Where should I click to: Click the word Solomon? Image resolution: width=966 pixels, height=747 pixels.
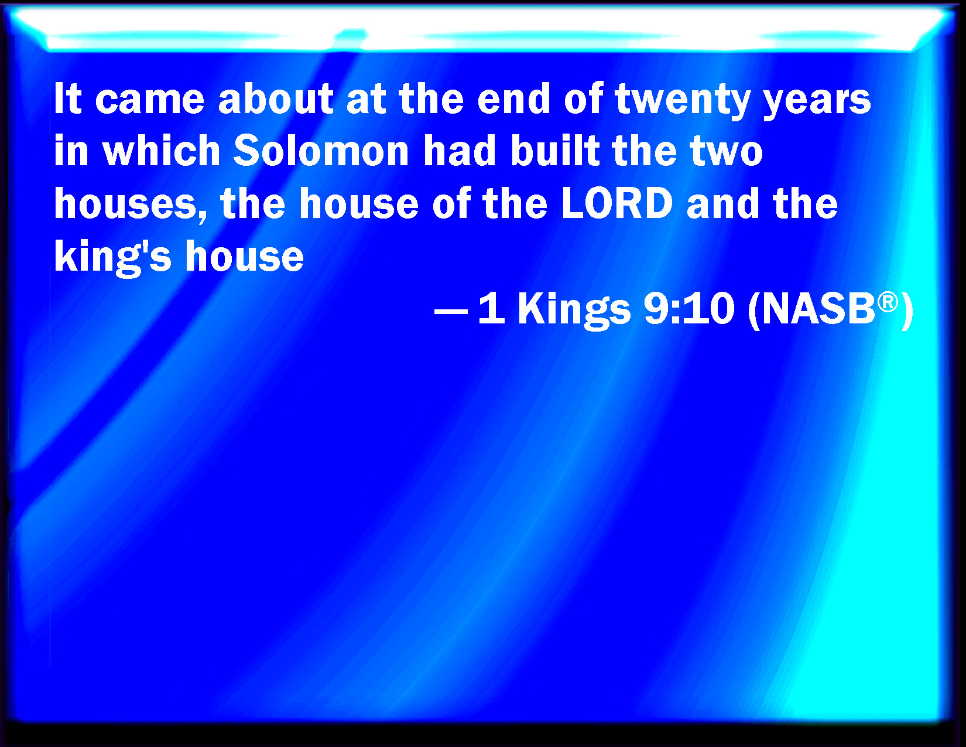(x=320, y=151)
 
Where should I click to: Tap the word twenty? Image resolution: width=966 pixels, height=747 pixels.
(x=683, y=100)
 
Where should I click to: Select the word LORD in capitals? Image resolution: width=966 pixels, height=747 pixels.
(x=617, y=203)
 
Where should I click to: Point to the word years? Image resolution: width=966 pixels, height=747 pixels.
(x=817, y=101)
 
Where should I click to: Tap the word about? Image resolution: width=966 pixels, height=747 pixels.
(x=276, y=98)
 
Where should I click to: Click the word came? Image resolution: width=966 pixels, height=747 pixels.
(x=150, y=101)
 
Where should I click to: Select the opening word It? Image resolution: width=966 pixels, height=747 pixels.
(x=67, y=98)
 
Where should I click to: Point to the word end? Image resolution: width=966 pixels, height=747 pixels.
(x=514, y=98)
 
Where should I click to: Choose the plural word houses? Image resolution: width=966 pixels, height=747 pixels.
(x=131, y=204)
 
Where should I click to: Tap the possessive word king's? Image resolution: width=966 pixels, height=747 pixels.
(x=112, y=257)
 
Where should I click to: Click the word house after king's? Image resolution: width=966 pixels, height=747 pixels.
(x=245, y=256)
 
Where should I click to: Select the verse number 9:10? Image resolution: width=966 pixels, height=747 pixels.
(x=688, y=308)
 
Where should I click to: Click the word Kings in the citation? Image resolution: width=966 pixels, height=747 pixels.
(x=574, y=310)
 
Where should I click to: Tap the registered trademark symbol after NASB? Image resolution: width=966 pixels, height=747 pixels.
(x=888, y=302)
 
